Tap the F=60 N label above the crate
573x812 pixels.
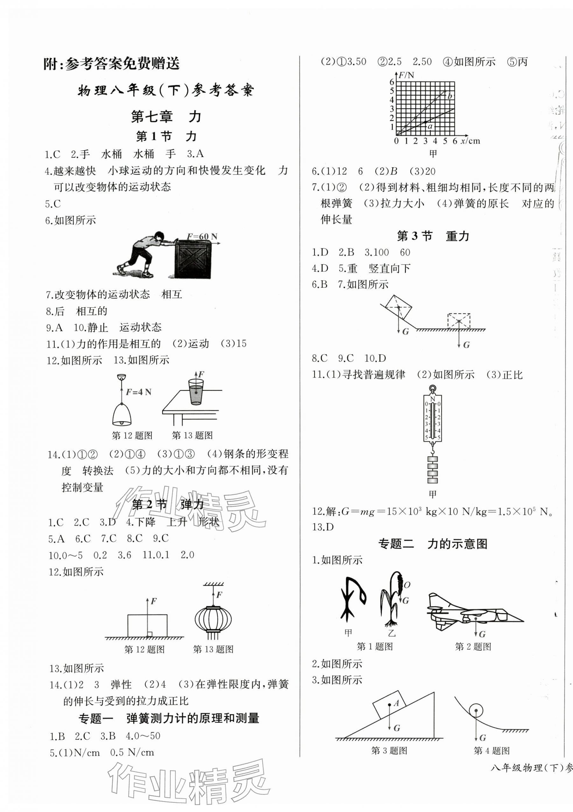click(x=202, y=236)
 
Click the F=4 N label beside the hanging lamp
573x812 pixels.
click(x=138, y=392)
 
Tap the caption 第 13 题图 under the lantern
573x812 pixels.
click(x=213, y=649)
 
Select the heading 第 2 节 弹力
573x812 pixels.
click(x=167, y=505)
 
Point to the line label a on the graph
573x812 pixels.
click(x=430, y=126)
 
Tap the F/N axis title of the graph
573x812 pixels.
click(x=406, y=75)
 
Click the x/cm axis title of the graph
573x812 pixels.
click(x=470, y=141)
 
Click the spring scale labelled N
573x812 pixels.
click(x=433, y=419)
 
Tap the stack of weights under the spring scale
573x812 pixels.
click(x=432, y=470)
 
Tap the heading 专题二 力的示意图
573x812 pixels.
click(x=433, y=543)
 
